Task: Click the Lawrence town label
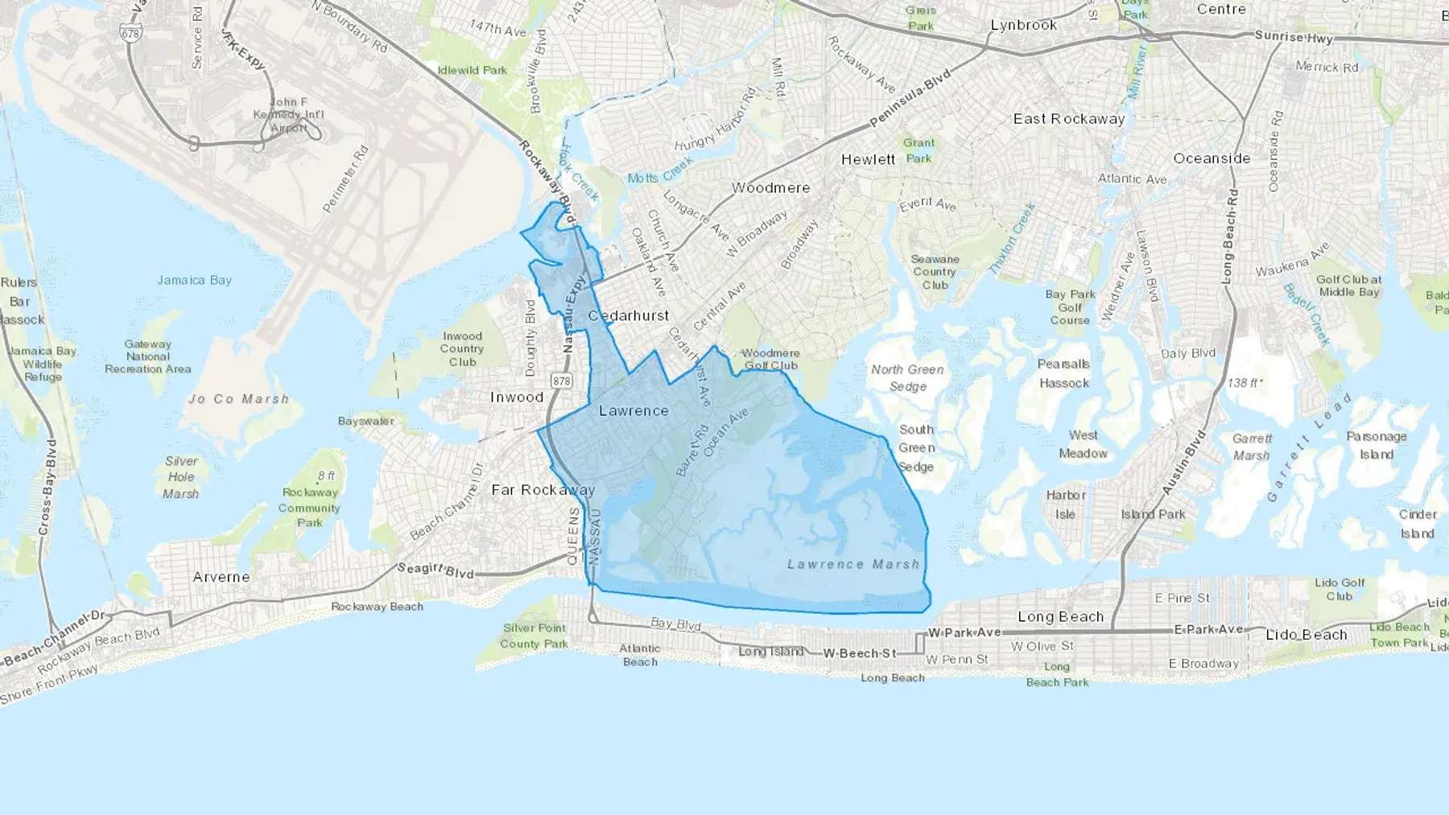tap(634, 411)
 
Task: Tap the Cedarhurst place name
tap(629, 316)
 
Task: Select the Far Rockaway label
tap(543, 490)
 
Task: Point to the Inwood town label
tap(517, 397)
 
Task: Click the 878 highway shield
tap(561, 380)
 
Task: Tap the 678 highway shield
tap(130, 33)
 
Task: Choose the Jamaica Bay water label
tap(194, 280)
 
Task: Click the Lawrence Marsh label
tap(853, 565)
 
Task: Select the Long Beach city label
tap(1060, 617)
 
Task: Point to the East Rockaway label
tap(1069, 119)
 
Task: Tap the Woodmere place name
tap(770, 188)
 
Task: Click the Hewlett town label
tap(868, 159)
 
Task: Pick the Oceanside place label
tap(1212, 158)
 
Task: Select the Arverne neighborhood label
tap(221, 577)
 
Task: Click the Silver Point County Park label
tap(534, 636)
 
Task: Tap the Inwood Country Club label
tap(462, 349)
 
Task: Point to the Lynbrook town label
tap(1023, 25)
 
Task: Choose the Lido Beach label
tap(1306, 635)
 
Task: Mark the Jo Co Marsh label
tap(238, 399)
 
